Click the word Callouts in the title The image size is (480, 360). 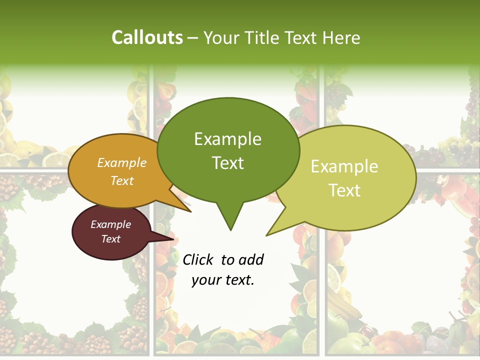coord(147,37)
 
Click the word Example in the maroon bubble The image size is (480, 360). coord(110,224)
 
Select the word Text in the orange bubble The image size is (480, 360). coord(122,180)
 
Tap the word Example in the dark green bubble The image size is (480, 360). coord(227,139)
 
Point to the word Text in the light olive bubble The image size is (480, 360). coord(345,190)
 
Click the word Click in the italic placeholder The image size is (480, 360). coord(198,259)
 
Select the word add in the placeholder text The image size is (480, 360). coord(250,259)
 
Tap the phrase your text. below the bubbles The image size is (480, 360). coord(223,280)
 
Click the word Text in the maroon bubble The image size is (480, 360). coord(110,239)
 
